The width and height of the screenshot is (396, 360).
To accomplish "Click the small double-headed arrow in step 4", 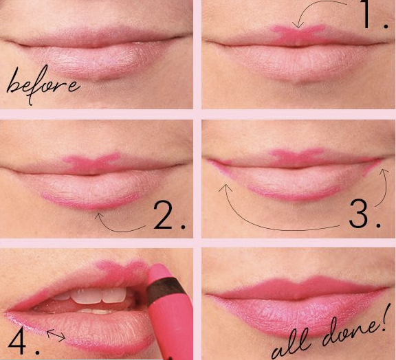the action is pyautogui.click(x=56, y=335).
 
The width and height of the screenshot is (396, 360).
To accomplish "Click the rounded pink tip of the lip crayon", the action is pyautogui.click(x=158, y=271).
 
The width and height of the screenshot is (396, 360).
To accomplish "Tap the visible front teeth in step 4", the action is pyautogui.click(x=98, y=296).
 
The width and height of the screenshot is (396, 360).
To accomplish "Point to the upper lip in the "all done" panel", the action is pyautogui.click(x=298, y=287).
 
